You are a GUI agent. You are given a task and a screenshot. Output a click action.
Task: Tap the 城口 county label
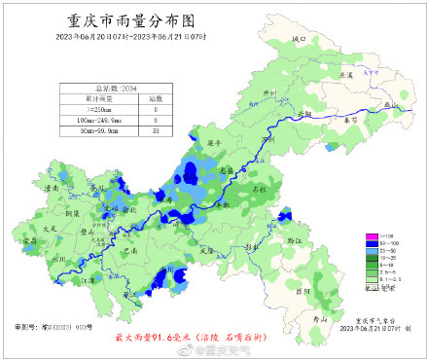point(299,39)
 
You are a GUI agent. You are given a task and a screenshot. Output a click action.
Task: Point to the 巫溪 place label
point(343,74)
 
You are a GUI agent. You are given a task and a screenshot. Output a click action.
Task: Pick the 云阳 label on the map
point(304,114)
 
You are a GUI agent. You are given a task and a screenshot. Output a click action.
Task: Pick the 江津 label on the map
point(89,279)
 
